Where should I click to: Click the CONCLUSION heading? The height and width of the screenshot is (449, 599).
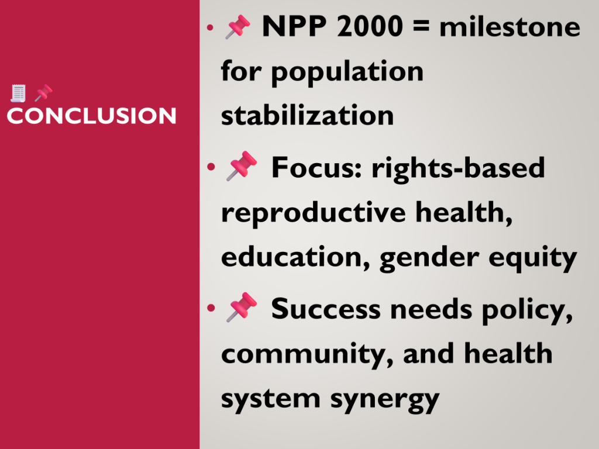pos(91,116)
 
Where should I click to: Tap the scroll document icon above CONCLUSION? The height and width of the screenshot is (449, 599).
pos(18,93)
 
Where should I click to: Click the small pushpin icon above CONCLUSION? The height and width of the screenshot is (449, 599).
pos(43,93)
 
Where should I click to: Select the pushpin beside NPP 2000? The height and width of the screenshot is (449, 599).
pos(237,27)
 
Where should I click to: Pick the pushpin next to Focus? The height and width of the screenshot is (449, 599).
pos(242,166)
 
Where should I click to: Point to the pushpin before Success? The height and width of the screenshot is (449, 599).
pos(242,308)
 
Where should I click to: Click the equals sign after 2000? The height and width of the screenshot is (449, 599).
pos(421,26)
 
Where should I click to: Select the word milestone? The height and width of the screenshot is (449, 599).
pos(510,26)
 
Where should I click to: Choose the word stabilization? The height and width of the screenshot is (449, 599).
pos(308,115)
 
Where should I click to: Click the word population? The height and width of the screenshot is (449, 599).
pos(347,72)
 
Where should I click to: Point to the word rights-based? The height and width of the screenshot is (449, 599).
pos(458,169)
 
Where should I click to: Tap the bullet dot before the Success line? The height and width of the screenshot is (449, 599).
pos(211,308)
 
